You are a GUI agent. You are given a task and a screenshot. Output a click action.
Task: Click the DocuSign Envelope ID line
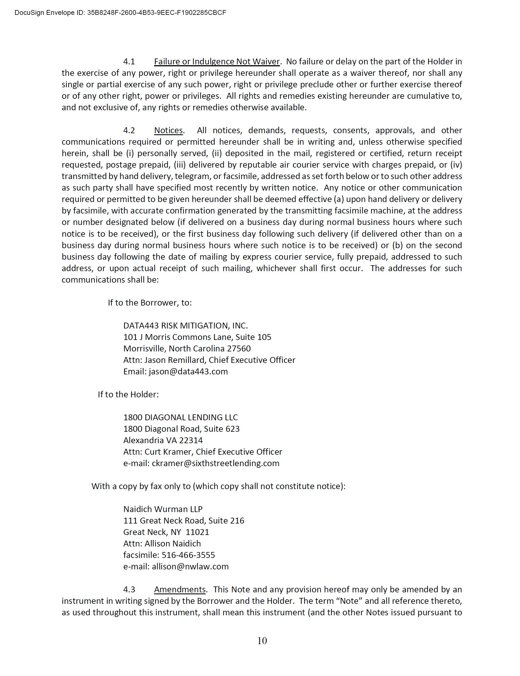[120, 13]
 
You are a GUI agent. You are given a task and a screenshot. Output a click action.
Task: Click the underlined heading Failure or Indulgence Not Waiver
[217, 62]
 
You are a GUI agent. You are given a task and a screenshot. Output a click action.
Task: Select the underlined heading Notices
[168, 130]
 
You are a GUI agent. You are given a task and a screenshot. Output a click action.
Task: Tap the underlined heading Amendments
[180, 590]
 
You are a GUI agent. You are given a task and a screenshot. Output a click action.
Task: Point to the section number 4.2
[129, 130]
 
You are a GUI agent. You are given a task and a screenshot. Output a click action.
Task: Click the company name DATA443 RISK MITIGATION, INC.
[185, 325]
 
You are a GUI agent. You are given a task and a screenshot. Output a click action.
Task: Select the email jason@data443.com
[188, 372]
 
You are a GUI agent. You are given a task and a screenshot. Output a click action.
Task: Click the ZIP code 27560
[239, 349]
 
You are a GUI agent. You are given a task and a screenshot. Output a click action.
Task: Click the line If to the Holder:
[128, 395]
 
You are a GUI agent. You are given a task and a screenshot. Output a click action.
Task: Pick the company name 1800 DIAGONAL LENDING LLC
[180, 417]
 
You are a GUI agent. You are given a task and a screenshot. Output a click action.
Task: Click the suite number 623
[233, 429]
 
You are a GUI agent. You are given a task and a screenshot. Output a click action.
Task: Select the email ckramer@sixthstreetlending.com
[215, 463]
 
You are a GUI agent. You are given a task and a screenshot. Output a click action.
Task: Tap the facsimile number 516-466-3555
[188, 555]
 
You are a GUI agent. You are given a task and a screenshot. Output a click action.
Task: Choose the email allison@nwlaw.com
[190, 567]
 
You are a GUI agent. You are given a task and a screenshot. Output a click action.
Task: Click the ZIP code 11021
[197, 532]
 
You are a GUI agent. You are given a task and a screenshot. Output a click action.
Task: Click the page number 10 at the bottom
[262, 641]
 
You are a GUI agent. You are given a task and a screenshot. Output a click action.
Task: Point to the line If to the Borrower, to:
[150, 303]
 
